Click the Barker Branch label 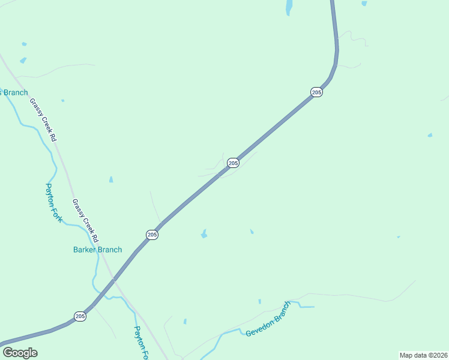pos(97,250)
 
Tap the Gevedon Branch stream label pos(268,319)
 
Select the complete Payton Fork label pos(54,203)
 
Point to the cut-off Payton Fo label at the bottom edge pos(140,343)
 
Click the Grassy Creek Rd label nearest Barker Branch pos(85,220)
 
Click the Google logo pos(20,353)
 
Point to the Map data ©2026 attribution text pos(423,355)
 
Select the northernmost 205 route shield pos(316,92)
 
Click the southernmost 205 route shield pos(80,316)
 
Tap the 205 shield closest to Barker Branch pos(152,235)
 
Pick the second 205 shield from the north pos(233,163)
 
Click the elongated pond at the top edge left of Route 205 pos(289,7)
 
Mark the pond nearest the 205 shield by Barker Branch pos(204,233)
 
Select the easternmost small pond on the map pos(430,135)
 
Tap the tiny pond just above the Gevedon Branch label pos(259,301)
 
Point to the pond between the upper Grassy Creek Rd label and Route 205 pos(111,179)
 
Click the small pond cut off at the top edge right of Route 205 pos(364,3)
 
